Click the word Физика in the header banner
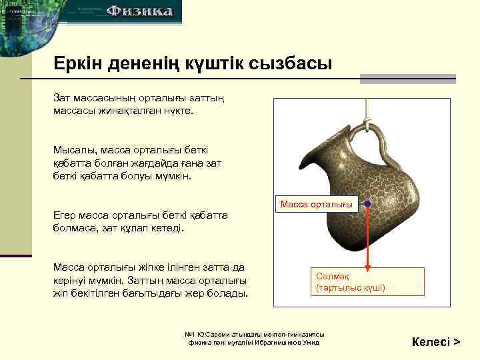point(140,11)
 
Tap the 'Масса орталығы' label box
point(317,204)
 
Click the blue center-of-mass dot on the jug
point(367,204)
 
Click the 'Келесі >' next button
point(436,342)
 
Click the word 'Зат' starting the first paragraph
point(62,98)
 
